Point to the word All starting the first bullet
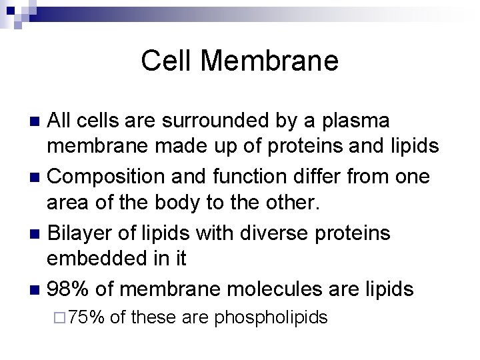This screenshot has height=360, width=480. tap(63, 122)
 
